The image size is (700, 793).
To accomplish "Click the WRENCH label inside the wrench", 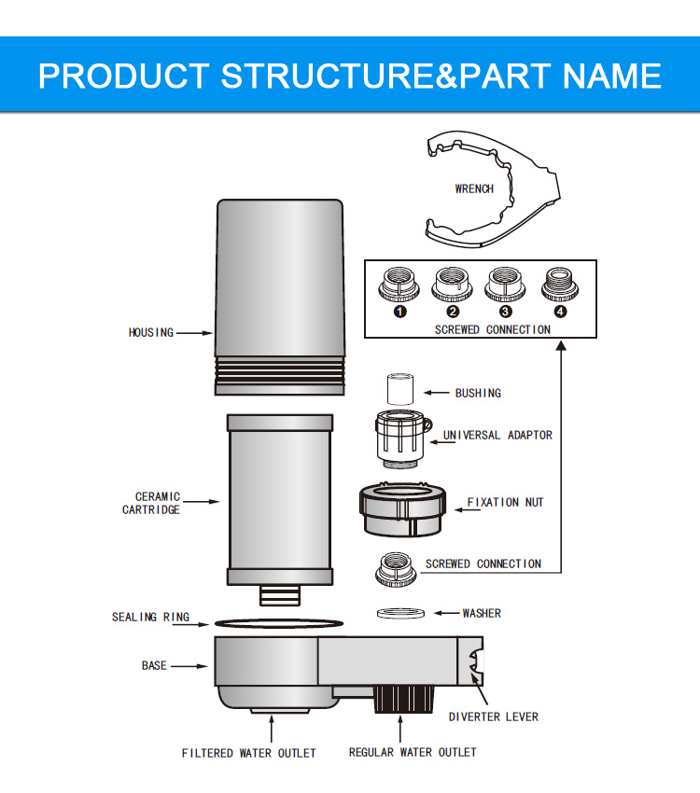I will pyautogui.click(x=474, y=188).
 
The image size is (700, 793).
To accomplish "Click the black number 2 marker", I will pyautogui.click(x=453, y=311).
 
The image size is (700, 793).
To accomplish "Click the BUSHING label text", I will pyautogui.click(x=478, y=393).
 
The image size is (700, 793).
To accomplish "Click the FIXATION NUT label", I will pyautogui.click(x=505, y=503).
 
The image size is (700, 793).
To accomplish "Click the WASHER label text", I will pyautogui.click(x=482, y=613).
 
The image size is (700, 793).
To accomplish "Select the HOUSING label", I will pyautogui.click(x=151, y=332).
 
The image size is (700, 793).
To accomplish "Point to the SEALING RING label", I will pyautogui.click(x=150, y=617).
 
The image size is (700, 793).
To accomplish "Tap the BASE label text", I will pyautogui.click(x=154, y=665).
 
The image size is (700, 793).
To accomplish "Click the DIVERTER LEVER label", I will pyautogui.click(x=494, y=716).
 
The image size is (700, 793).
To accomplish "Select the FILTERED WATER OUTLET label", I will pyautogui.click(x=248, y=753).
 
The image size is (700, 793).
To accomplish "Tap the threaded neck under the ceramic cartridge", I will pyautogui.click(x=279, y=593).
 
